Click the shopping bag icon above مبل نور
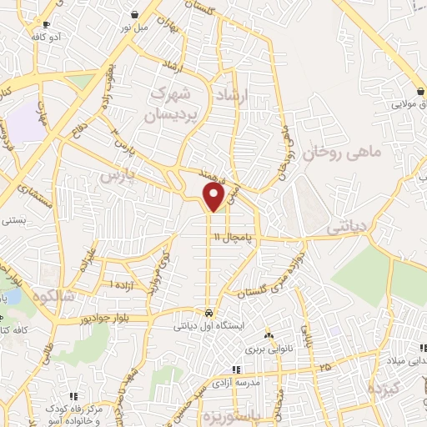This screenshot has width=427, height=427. coord(135,14)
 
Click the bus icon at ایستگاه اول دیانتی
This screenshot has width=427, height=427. coord(208,314)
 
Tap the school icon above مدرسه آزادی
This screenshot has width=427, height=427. coord(237,369)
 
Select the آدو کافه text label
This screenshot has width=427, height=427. coord(48,38)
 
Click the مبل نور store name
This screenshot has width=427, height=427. coord(136,28)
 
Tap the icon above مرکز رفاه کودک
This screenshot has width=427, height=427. coord(73,395)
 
